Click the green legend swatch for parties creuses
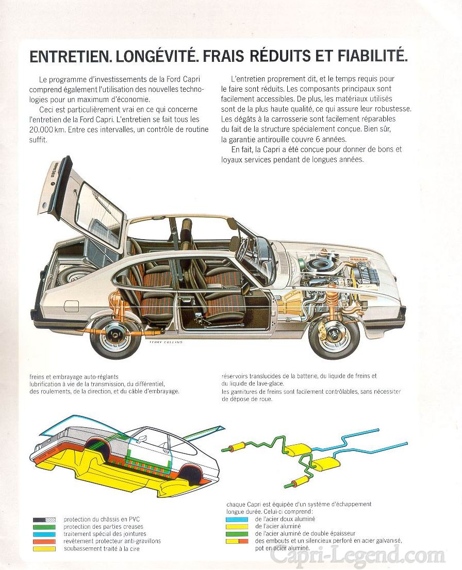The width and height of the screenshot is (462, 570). click(x=44, y=527)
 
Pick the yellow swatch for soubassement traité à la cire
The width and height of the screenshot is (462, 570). click(x=44, y=549)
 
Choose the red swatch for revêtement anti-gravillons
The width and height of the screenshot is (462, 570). click(x=44, y=541)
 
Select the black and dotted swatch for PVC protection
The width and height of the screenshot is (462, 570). click(x=44, y=519)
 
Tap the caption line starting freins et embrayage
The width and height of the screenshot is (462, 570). click(x=74, y=377)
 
